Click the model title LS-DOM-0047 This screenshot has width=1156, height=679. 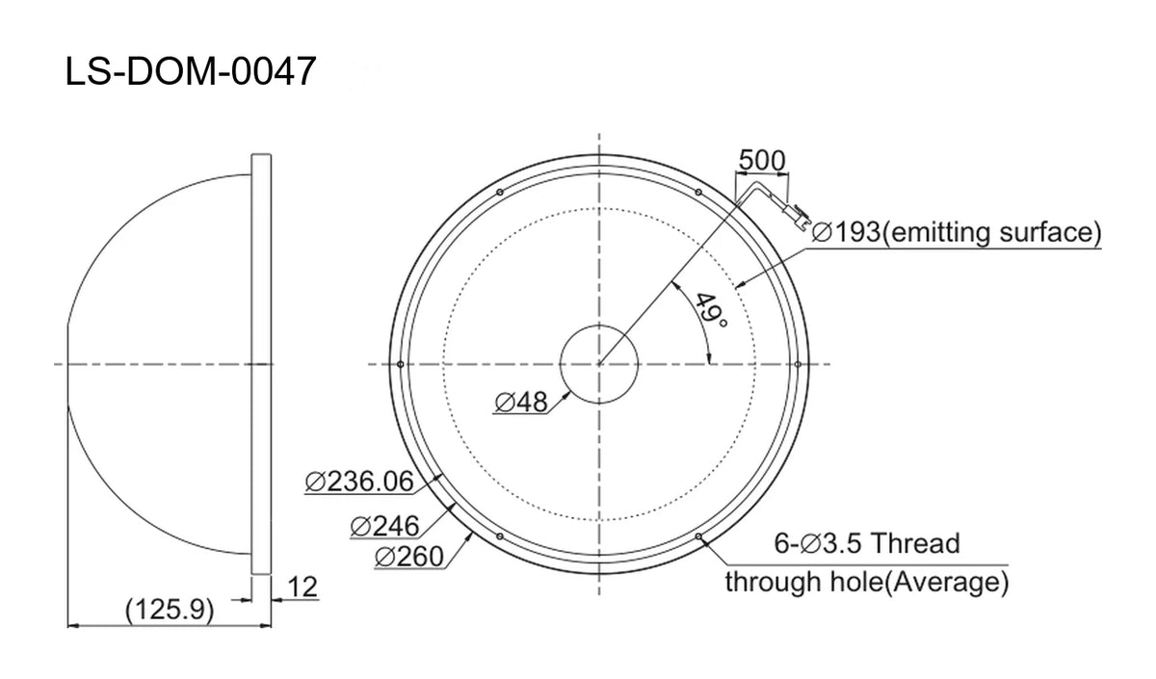[x=191, y=71]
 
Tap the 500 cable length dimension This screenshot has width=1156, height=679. [x=762, y=160]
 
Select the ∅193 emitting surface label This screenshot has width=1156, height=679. [x=957, y=232]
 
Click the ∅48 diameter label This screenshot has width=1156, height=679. [x=521, y=402]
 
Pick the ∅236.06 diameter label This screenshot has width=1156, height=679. [x=359, y=482]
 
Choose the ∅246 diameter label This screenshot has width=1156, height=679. [x=384, y=526]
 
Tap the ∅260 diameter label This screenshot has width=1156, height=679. [x=409, y=557]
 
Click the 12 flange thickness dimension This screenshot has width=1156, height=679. [x=302, y=587]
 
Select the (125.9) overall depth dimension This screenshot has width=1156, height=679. [x=170, y=610]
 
